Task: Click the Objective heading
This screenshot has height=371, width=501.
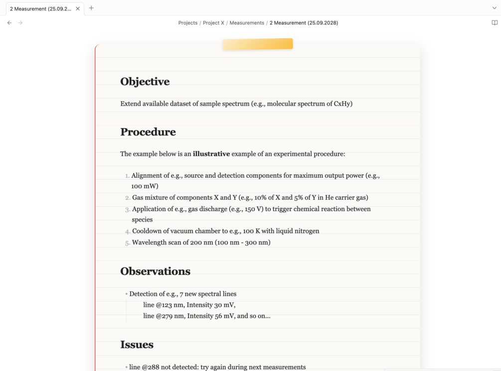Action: [145, 82]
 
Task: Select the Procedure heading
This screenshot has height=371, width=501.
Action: [148, 132]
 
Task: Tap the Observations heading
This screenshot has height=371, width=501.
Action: [155, 271]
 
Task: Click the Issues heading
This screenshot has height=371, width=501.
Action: [137, 345]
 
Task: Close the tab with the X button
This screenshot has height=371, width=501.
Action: [78, 8]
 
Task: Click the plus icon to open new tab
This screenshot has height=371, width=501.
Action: [91, 8]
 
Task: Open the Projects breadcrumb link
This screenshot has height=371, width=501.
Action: [187, 23]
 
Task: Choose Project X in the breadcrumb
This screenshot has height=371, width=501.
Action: [213, 23]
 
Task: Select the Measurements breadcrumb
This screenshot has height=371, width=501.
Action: [247, 23]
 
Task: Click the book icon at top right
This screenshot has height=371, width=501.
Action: [495, 23]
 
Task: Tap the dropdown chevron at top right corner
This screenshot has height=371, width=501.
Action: [494, 8]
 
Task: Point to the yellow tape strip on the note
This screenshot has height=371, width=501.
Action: [258, 44]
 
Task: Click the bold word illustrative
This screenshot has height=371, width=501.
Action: [211, 154]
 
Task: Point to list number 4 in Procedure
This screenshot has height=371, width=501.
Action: [128, 232]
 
